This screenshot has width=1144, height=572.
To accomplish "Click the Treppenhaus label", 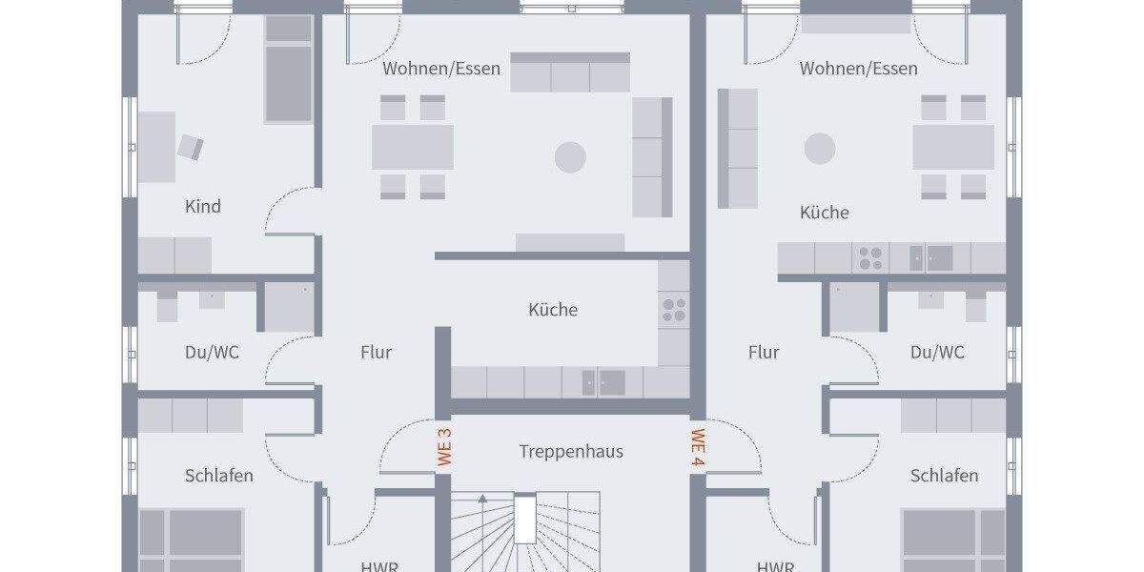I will point(571,451).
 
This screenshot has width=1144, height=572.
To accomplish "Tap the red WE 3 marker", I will point(444,446).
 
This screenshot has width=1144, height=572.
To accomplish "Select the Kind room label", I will point(202,206).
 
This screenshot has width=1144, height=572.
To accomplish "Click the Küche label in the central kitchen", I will point(553,310).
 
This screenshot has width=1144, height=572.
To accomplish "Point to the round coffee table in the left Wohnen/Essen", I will point(571,157).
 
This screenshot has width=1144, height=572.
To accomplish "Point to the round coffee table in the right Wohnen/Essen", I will point(820,149).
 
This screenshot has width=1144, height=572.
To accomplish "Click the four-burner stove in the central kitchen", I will point(674,308).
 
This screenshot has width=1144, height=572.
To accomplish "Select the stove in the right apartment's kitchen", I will point(870,257).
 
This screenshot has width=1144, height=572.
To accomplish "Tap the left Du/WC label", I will point(212,353).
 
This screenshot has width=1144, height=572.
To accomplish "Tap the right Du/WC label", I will point(937,353).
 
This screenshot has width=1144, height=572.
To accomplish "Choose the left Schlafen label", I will point(219,475).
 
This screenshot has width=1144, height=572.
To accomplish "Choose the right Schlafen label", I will point(944,475).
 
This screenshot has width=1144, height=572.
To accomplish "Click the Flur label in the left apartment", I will point(377,353).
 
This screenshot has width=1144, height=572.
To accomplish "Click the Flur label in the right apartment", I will point(764,353).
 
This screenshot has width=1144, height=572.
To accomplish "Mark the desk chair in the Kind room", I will point(191,146).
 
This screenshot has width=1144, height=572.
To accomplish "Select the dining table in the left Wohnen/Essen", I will point(412,147).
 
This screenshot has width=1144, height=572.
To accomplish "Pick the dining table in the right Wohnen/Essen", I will point(953,147).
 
